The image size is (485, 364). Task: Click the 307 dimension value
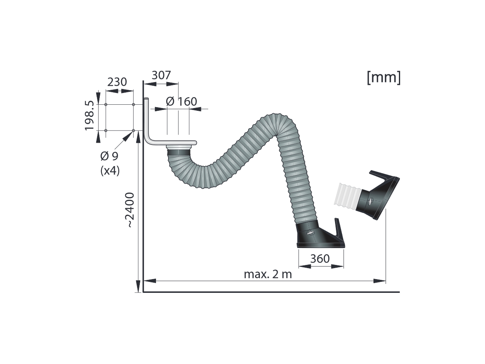(x=161, y=75)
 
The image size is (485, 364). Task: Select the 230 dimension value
(x=117, y=82)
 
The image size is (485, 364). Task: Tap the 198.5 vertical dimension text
(x=89, y=116)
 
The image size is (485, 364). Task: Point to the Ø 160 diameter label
(x=181, y=102)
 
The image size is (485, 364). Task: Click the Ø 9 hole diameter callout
(x=110, y=156)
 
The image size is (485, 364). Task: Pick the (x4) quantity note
(x=110, y=170)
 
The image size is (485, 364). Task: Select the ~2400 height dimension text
(x=129, y=210)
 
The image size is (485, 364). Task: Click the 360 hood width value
(x=320, y=258)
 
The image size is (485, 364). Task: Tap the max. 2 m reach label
(x=268, y=274)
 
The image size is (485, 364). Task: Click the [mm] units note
(x=384, y=77)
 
